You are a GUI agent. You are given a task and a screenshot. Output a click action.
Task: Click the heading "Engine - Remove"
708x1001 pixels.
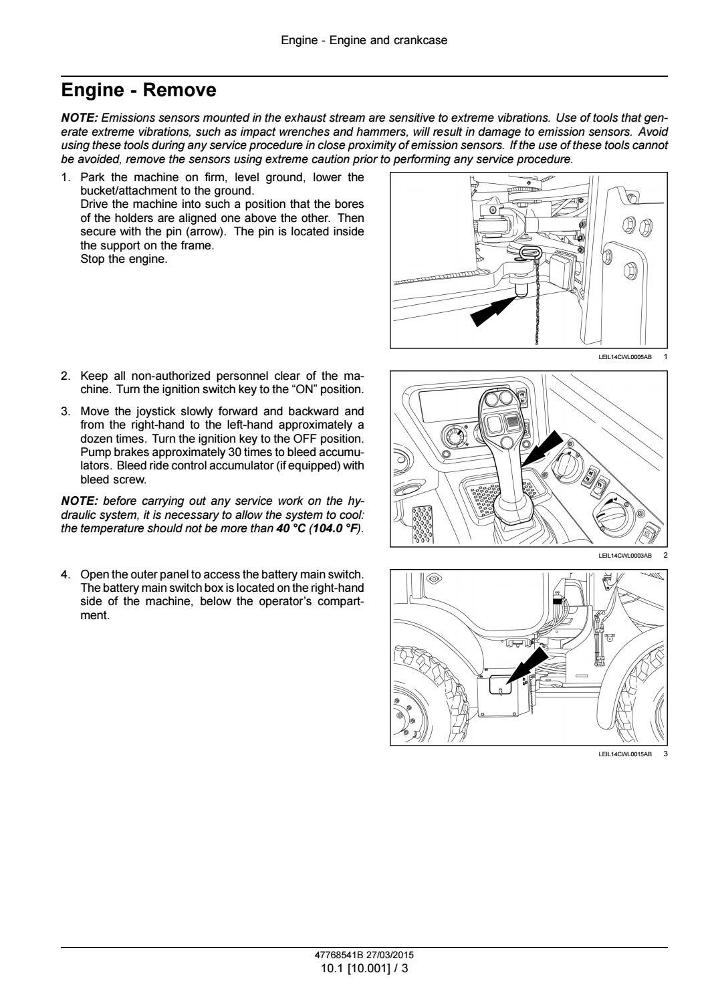tap(138, 90)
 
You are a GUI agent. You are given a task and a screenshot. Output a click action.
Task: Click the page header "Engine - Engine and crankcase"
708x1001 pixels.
tap(364, 40)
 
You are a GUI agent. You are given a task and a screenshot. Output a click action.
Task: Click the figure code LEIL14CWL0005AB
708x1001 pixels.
tap(624, 357)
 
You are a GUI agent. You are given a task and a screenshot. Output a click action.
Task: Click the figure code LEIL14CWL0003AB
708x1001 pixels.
tap(624, 556)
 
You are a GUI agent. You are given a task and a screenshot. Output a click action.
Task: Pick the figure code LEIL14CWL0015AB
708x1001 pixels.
tap(624, 754)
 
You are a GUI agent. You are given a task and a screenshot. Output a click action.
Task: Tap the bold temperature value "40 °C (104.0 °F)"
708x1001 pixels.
tap(318, 529)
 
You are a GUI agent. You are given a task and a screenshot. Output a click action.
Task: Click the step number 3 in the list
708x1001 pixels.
tap(65, 411)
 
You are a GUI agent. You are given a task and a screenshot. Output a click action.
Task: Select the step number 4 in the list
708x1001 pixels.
tap(65, 574)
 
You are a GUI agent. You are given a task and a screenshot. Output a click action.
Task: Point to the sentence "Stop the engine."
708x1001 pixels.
tap(124, 259)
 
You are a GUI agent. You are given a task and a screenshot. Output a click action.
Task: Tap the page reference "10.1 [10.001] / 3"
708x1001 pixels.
tap(364, 968)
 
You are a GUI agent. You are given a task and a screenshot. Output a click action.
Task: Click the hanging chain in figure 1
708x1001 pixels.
tap(537, 308)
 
